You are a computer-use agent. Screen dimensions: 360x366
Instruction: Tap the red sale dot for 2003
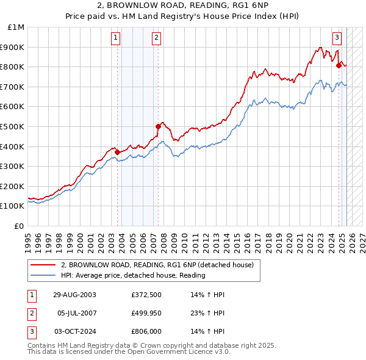tap(118, 152)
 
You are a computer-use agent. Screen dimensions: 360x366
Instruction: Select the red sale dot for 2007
tap(158, 126)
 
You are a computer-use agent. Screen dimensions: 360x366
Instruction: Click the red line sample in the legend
tap(43, 265)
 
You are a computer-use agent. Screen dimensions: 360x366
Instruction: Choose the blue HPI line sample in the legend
tap(43, 276)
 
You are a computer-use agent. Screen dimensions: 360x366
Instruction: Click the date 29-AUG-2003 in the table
tap(74, 295)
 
